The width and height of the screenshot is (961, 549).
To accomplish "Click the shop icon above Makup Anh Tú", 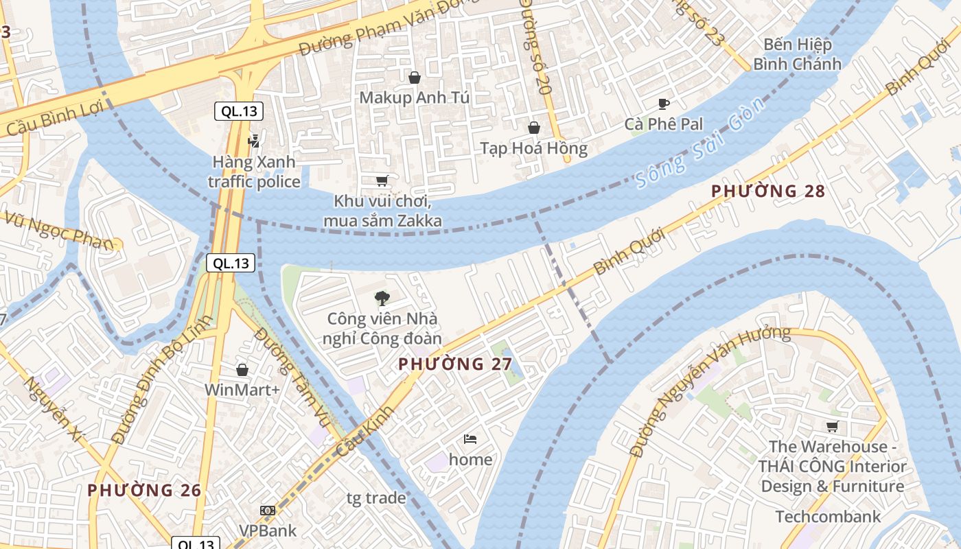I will [414, 78].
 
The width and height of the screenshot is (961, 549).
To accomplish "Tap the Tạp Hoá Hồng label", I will [533, 148].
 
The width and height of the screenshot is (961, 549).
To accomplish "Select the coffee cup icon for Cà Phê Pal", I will [663, 104].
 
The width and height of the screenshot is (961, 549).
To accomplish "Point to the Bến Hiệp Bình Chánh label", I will [797, 54].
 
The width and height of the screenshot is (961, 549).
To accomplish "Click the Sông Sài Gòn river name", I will [700, 143].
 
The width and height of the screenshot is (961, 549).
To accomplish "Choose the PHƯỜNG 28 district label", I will [767, 191].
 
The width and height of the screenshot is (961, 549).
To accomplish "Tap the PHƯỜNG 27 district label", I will [455, 364].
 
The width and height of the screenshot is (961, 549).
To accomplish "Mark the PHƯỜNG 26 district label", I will [144, 490].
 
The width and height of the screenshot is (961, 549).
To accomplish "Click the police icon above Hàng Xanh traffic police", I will [254, 141].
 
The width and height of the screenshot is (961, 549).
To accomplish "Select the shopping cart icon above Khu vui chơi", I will [382, 180].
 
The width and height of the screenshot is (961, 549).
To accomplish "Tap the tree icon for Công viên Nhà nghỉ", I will [382, 298].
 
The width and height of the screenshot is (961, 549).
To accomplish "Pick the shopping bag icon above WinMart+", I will [242, 370].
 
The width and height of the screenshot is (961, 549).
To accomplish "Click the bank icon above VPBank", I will [268, 511].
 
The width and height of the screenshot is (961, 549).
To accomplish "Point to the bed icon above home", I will [470, 439].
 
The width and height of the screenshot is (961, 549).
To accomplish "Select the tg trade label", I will [376, 498].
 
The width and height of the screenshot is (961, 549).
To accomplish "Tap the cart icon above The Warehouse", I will [833, 426].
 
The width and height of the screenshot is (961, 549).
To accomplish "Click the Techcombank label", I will [827, 516].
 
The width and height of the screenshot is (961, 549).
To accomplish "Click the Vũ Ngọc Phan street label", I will [58, 231].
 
